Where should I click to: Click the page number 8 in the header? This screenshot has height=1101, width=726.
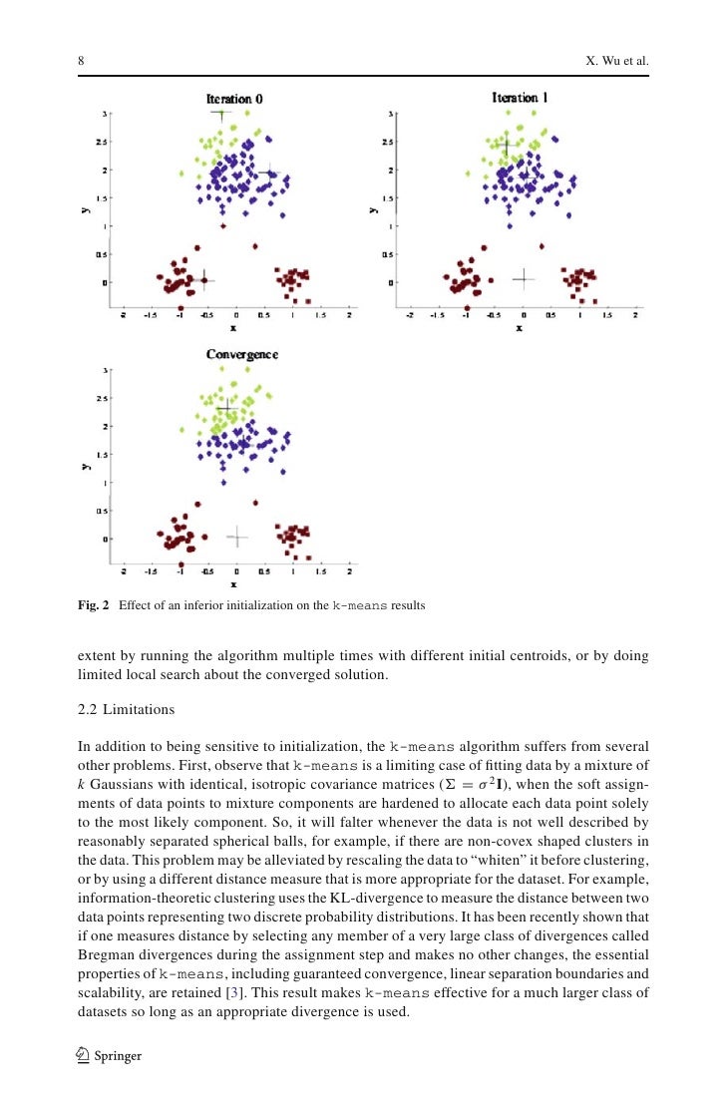click(x=81, y=62)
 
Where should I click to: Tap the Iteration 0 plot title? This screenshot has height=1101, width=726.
click(x=234, y=99)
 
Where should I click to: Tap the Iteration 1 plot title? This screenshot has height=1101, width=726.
click(x=520, y=98)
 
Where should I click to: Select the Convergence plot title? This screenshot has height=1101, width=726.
click(x=241, y=354)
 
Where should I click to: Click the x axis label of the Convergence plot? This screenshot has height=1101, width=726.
click(x=233, y=584)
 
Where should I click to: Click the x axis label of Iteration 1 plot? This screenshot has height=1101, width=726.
click(x=519, y=329)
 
